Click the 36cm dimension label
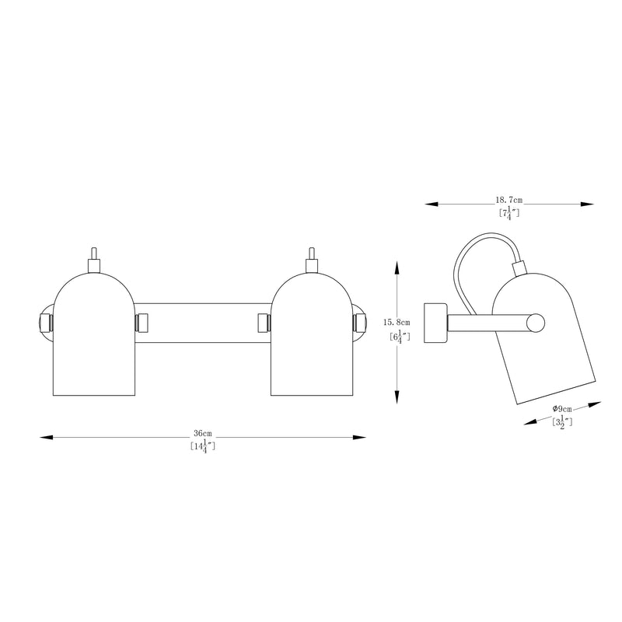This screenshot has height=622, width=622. coord(203,433)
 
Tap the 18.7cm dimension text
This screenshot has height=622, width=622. coord(509,201)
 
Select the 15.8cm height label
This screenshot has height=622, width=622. coord(397,323)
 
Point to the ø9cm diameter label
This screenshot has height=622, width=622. coord(562,409)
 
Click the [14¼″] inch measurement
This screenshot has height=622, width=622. coord(203,446)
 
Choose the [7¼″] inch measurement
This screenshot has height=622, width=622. coord(509,213)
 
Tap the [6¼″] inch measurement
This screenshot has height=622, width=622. coord(400,337)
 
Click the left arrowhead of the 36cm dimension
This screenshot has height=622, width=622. coord(47,437)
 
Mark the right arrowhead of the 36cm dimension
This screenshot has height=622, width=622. coord(359,437)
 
